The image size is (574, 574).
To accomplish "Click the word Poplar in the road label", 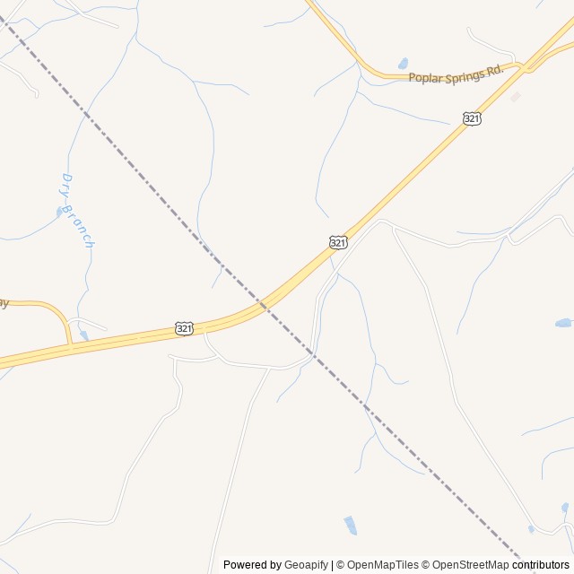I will [x=426, y=78].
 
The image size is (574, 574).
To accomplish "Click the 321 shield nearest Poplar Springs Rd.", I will [x=472, y=118].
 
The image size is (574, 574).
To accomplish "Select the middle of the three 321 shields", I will [x=338, y=242].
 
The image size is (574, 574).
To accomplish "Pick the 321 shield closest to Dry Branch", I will [x=184, y=328].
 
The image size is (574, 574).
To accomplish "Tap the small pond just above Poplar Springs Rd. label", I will [x=403, y=64].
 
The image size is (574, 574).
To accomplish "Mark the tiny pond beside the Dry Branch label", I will [x=59, y=213].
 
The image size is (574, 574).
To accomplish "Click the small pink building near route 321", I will [x=515, y=96].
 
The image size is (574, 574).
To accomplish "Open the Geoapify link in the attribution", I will [x=306, y=565].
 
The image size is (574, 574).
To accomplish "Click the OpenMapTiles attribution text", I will [x=383, y=565].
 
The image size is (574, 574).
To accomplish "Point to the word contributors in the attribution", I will [x=541, y=565].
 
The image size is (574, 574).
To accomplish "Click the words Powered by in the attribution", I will [x=252, y=565].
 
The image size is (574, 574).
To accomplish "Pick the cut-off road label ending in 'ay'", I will [x=4, y=303].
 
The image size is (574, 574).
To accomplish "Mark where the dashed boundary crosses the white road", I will [x=312, y=353].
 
